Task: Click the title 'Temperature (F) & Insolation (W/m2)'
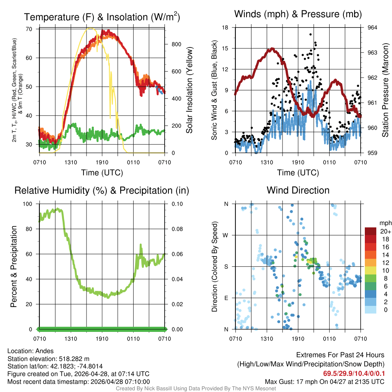[x=102, y=17]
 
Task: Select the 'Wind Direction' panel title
[x=298, y=190]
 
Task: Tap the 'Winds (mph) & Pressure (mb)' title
[x=298, y=15]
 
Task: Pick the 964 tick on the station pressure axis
[x=372, y=28]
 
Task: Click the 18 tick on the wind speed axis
[x=225, y=28]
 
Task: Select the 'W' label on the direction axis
[x=226, y=235]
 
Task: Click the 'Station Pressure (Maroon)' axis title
[x=385, y=90]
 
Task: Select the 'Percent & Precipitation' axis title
[x=13, y=266]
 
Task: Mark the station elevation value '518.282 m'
[x=74, y=359]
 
